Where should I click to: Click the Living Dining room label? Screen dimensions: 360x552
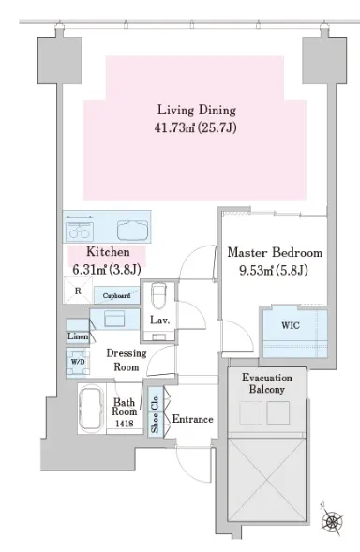point(197,111)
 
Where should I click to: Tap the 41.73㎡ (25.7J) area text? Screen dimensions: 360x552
point(195,127)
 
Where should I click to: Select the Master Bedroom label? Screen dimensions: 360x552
point(275,252)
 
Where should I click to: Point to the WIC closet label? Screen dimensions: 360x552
point(291,325)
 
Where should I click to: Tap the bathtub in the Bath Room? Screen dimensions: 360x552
point(92,409)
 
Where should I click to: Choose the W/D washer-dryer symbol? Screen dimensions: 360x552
point(78,363)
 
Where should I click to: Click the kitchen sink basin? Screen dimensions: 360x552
point(132,231)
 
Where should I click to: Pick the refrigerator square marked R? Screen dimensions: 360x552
point(78,291)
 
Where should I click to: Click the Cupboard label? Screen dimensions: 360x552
point(116,296)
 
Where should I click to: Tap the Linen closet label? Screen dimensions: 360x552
point(78,336)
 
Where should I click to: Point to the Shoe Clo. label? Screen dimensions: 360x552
point(155,413)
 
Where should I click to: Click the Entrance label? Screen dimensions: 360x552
point(193,419)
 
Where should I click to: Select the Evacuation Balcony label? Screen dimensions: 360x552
point(267,383)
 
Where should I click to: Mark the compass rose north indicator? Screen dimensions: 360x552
point(332,521)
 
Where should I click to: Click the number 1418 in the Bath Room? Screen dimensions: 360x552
point(125,424)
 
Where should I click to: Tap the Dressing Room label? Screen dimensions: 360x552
point(127,360)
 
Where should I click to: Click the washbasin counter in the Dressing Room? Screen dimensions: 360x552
point(114,319)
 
